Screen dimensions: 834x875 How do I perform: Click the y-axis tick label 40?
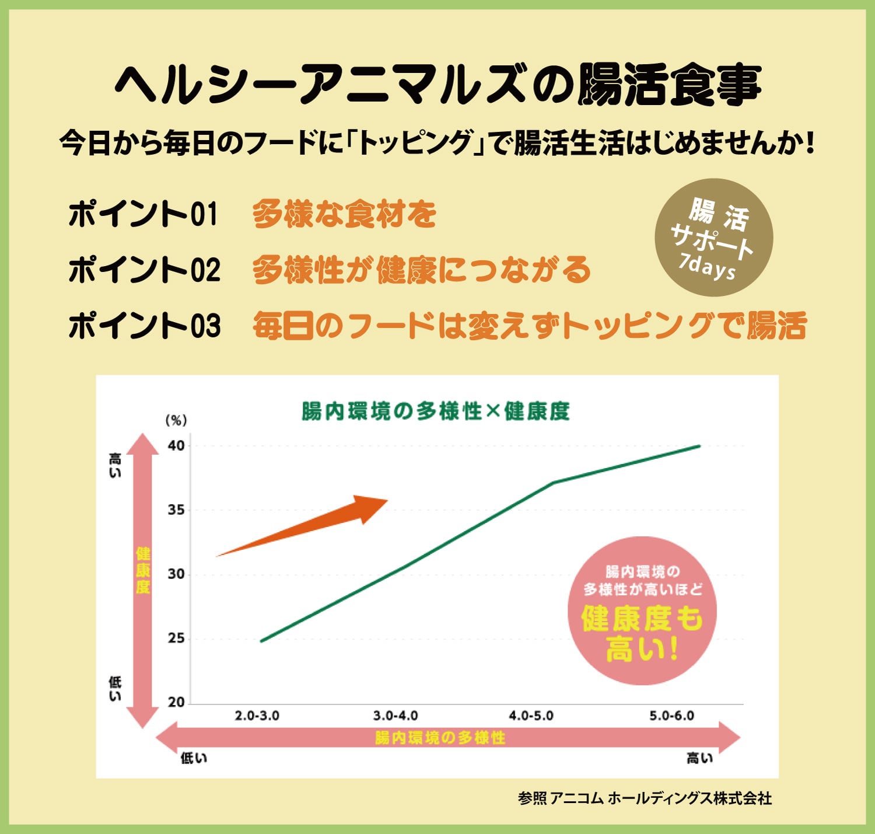pyautogui.click(x=176, y=446)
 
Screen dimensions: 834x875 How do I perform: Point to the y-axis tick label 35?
pyautogui.click(x=176, y=510)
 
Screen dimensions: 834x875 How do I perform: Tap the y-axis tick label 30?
pyautogui.click(x=176, y=574)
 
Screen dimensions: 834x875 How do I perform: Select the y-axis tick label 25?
pyautogui.click(x=176, y=638)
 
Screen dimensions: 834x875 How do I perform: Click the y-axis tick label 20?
pyautogui.click(x=176, y=702)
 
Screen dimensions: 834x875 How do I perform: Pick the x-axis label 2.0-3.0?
pyautogui.click(x=257, y=716)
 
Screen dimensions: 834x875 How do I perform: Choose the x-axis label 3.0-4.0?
pyautogui.click(x=395, y=716)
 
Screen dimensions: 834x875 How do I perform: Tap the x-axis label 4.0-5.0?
pyautogui.click(x=531, y=716)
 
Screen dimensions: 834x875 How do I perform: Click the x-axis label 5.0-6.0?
pyautogui.click(x=671, y=716)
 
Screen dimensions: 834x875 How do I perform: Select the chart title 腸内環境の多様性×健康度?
pyautogui.click(x=435, y=411)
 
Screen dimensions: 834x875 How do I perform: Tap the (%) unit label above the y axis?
pyautogui.click(x=176, y=420)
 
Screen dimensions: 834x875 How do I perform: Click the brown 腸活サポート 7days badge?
pyautogui.click(x=714, y=238)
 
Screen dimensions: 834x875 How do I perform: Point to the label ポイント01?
pyautogui.click(x=143, y=214)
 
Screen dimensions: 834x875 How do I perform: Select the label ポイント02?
pyautogui.click(x=144, y=270)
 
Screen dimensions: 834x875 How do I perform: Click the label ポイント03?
pyautogui.click(x=144, y=326)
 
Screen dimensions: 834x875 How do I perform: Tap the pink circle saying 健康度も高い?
pyautogui.click(x=642, y=610)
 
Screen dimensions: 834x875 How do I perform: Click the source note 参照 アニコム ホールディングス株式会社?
pyautogui.click(x=645, y=798)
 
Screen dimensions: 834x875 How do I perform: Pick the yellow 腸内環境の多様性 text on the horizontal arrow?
pyautogui.click(x=440, y=738)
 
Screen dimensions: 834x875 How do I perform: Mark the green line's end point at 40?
pyautogui.click(x=699, y=446)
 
